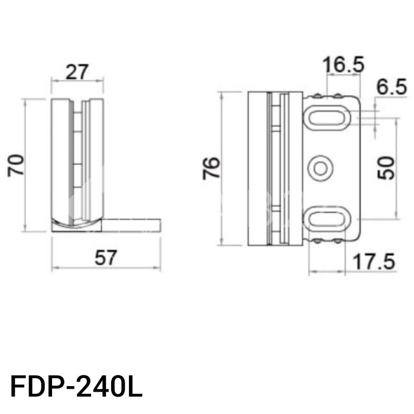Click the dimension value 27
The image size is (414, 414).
click(77, 72)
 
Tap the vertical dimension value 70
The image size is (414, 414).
click(16, 165)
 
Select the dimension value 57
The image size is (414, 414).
click(106, 258)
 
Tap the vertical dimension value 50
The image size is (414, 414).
click(385, 168)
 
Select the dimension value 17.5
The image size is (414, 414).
click(373, 261)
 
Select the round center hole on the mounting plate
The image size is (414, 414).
click(321, 168)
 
